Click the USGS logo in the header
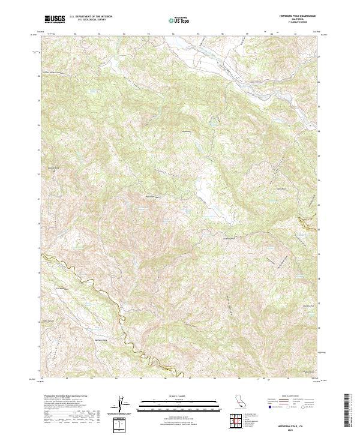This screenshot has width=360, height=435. click(56, 19)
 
